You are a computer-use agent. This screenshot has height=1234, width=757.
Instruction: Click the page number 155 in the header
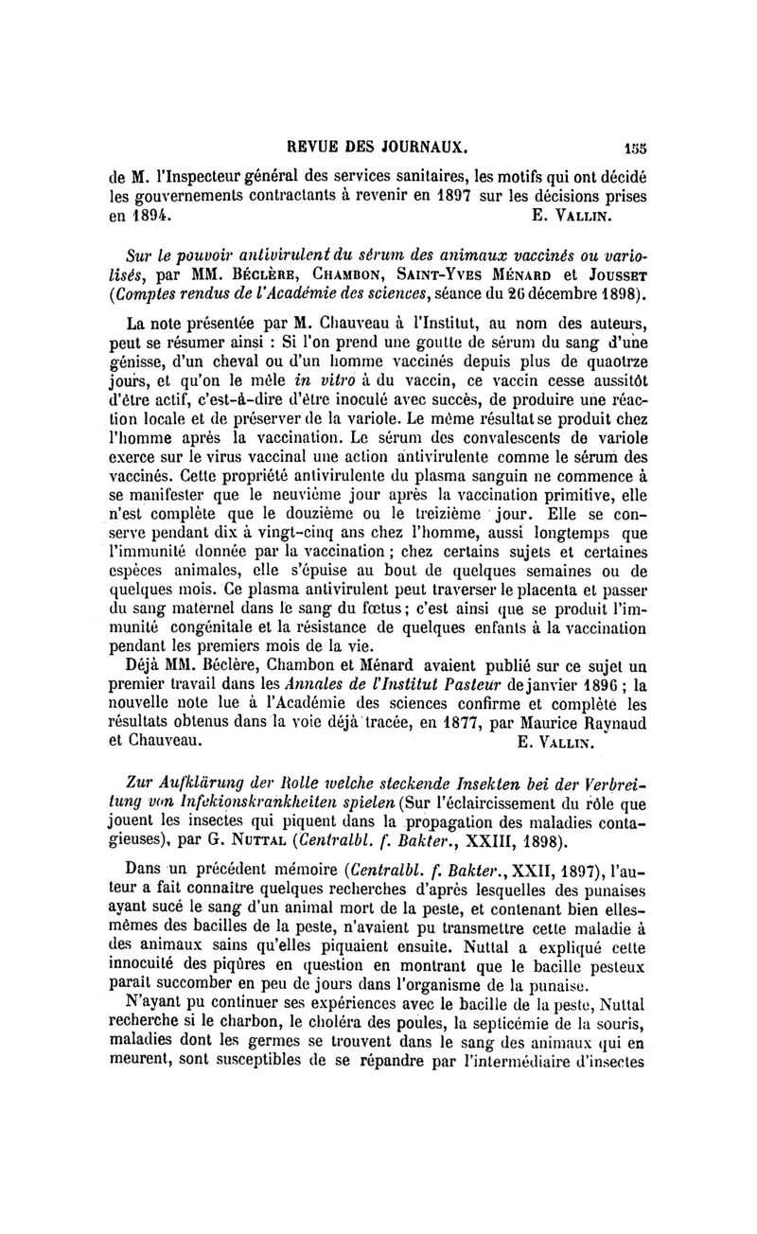pyautogui.click(x=634, y=148)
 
